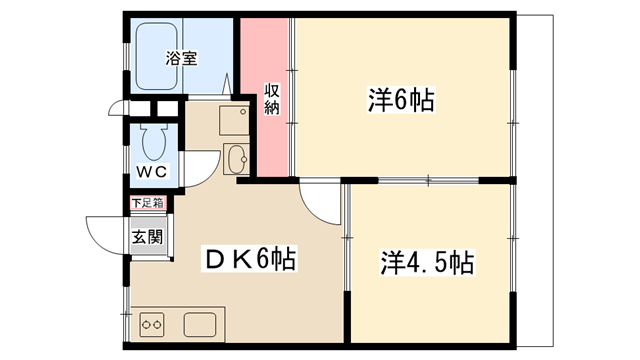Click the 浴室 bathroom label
click(181, 58)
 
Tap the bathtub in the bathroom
click(156, 56)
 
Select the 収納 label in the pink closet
click(271, 99)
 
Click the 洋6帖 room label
click(401, 100)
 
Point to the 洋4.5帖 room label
click(427, 262)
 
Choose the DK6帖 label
click(249, 258)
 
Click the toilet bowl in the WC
click(154, 142)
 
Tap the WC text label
click(151, 171)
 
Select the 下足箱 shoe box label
click(148, 203)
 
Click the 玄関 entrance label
click(147, 237)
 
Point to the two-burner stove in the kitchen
click(152, 324)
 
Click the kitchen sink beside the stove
click(200, 324)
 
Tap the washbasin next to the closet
click(236, 159)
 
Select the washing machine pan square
click(234, 120)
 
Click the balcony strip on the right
click(535, 180)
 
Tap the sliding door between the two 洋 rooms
click(428, 180)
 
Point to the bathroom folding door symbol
click(227, 84)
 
